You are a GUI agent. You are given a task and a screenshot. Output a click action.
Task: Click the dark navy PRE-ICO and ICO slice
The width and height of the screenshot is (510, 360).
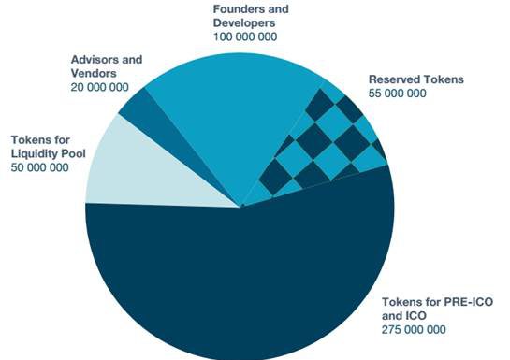234,281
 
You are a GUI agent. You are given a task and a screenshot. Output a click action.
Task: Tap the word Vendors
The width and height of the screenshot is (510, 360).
93,73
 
